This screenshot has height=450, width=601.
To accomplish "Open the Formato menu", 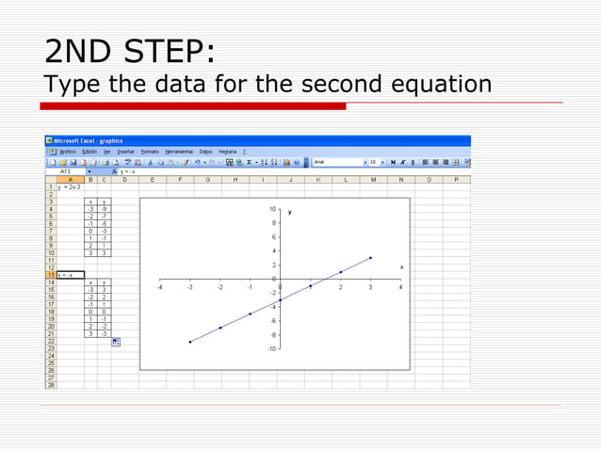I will pos(150,152).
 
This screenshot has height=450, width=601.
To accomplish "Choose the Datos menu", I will pos(205,152).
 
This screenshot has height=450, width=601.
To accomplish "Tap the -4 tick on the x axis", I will pos(159,287).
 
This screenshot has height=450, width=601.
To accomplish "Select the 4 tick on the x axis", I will pos(399,287).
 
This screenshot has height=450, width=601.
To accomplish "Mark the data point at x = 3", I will pos(370,258).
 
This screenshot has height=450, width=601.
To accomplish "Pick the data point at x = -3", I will pos(190,342).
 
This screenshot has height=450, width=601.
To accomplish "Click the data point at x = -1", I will pos(250,313).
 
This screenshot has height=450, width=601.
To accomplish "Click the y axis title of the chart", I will pos(289,213).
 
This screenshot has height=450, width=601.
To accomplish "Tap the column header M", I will pos(373,179).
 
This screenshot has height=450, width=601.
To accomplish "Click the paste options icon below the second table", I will pos(115,342).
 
